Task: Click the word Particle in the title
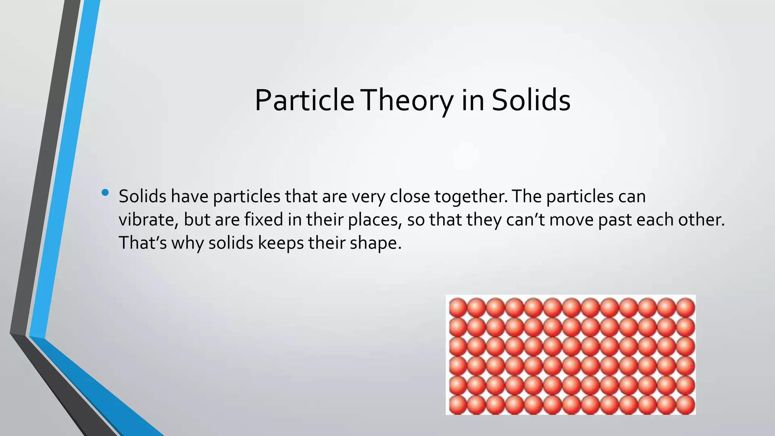tap(304, 100)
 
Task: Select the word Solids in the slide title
tap(531, 100)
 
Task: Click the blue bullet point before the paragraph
tap(105, 193)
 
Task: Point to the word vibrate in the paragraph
tap(147, 220)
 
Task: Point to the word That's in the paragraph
tap(143, 243)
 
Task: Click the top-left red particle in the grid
tap(458, 307)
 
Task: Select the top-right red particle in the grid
tap(685, 307)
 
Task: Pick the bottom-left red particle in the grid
tap(458, 405)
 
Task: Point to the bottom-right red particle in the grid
tap(685, 405)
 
